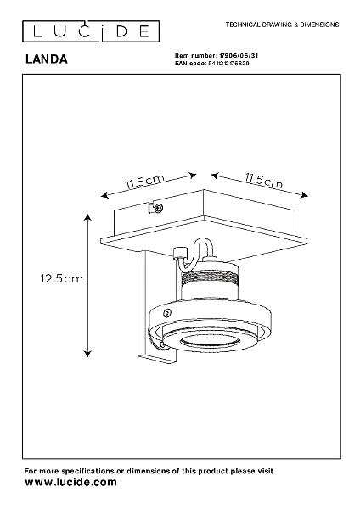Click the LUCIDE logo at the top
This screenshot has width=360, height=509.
point(91,31)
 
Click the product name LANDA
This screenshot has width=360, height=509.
point(47,59)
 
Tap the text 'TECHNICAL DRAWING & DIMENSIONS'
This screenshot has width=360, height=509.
point(282,25)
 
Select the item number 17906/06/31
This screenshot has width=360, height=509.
point(239,56)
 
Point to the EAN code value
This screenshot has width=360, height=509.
point(228,64)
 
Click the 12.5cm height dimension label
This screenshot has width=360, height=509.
point(61,278)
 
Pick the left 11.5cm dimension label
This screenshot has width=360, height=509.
point(144,182)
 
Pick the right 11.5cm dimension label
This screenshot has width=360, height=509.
point(264,181)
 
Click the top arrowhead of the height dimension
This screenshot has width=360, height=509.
point(87,217)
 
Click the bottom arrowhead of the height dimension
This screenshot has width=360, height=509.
point(87,354)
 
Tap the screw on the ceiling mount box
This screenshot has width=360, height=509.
point(159,208)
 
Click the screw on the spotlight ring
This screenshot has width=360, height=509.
point(167,313)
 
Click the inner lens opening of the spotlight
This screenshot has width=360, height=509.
point(210,341)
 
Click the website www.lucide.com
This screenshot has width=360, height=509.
point(70,482)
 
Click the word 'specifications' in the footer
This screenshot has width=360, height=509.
point(87,471)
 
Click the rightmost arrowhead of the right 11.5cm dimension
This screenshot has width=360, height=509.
point(305,195)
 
